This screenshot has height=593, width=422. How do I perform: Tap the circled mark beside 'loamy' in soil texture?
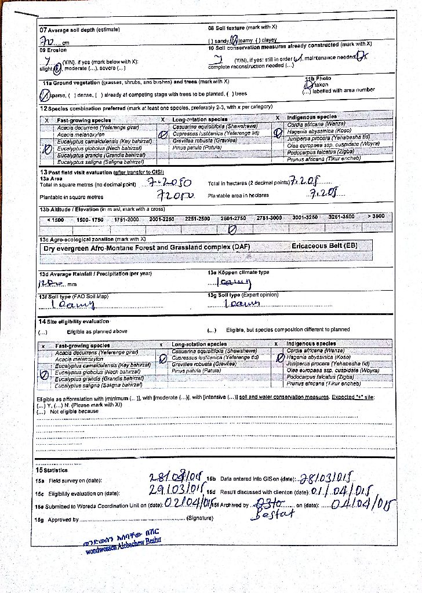234,41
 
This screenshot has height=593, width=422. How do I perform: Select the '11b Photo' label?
318,78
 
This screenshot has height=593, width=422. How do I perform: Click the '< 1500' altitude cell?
56,219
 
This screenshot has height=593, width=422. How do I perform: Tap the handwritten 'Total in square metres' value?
166,184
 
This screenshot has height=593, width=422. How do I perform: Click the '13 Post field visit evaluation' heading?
102,172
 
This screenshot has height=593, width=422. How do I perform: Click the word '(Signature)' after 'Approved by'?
200,518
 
